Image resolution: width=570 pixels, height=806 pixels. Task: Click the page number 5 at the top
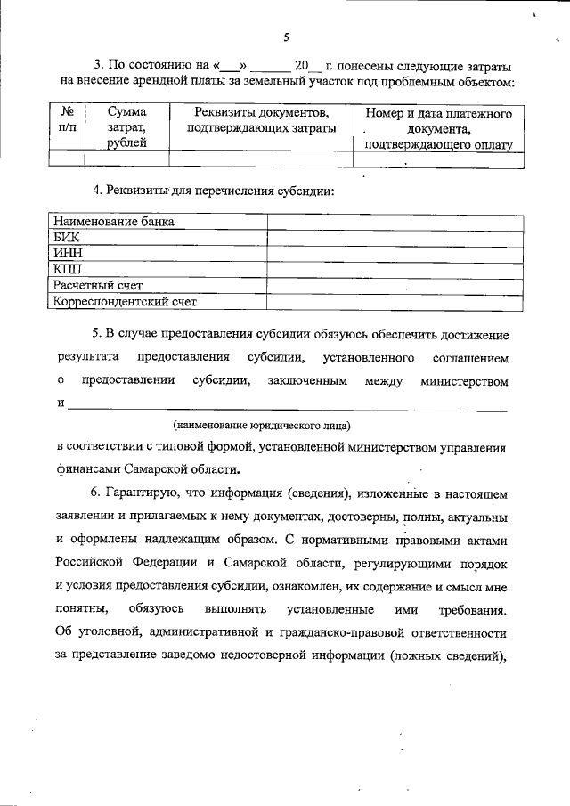pos(285,37)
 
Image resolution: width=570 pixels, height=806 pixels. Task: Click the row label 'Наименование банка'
pos(113,222)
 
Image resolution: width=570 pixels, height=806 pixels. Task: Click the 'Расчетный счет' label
pos(98,286)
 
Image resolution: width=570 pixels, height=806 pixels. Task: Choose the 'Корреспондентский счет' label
pos(125,302)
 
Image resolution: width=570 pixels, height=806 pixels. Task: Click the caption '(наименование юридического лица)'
pos(261,425)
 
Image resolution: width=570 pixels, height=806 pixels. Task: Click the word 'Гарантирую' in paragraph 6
pos(145,493)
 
